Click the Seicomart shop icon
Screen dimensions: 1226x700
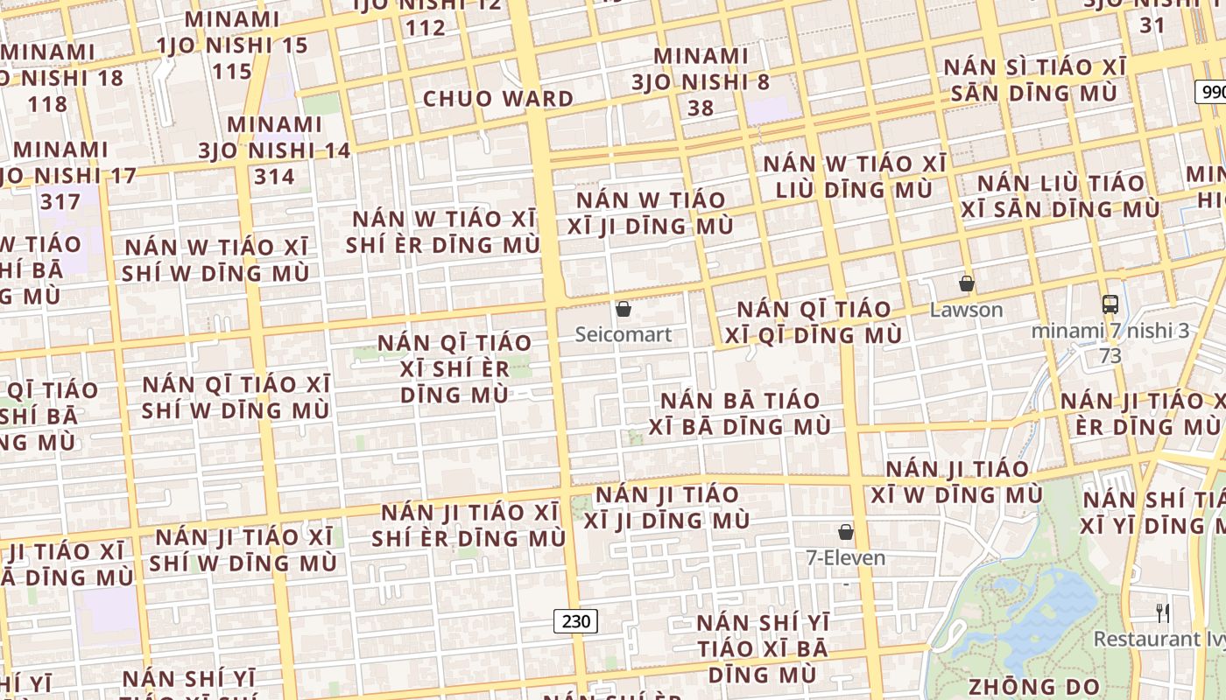[624, 309]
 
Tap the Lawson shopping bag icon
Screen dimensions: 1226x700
[967, 283]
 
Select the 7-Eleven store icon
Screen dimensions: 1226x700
[846, 532]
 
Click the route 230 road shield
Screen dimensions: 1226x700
[575, 621]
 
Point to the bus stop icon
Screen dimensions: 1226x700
[1110, 304]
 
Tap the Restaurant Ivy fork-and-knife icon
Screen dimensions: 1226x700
[1163, 612]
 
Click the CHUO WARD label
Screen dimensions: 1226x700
[498, 99]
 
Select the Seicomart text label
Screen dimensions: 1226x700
[624, 334]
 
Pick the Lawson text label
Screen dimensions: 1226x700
[967, 310]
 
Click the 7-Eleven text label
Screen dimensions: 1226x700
[846, 557]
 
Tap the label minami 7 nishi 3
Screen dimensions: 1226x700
[1110, 332]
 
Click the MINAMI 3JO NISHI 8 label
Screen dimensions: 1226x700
[701, 69]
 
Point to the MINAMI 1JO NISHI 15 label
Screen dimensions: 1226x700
[232, 31]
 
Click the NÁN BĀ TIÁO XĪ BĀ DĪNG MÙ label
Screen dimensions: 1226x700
[740, 414]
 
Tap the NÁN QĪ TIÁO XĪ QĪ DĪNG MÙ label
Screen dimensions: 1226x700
[814, 322]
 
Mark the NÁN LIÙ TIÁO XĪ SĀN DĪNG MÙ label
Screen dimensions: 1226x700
[1060, 196]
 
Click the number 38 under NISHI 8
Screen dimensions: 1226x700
[701, 108]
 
